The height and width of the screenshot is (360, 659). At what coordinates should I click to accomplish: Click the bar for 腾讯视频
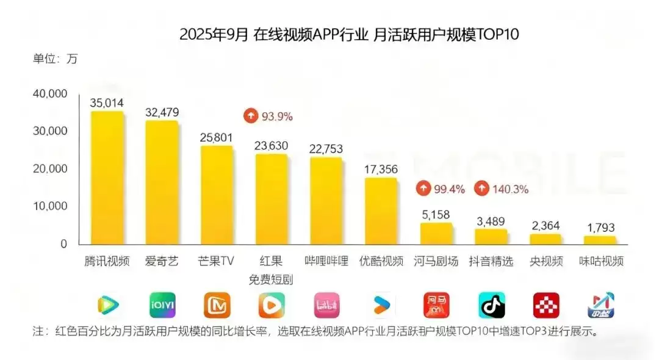coord(107,177)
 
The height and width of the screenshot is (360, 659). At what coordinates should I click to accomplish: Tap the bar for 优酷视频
coord(381,211)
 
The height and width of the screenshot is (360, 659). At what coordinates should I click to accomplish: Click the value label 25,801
coord(216,138)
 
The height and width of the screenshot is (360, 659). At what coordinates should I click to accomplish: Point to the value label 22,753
coord(326,149)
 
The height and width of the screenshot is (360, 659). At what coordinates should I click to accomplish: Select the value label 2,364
coord(545,226)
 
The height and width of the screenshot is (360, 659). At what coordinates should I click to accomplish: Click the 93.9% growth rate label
coord(277,116)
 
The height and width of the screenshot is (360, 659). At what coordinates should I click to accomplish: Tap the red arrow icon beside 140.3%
coord(482,189)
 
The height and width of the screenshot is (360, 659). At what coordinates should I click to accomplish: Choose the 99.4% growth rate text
coord(450,189)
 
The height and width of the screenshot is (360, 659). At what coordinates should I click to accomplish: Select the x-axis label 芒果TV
coord(216,261)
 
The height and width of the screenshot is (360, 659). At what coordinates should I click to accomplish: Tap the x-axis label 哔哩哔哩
coord(326,261)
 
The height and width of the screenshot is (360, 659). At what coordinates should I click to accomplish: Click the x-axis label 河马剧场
coord(436,261)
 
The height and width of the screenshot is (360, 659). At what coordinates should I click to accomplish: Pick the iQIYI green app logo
coord(162,305)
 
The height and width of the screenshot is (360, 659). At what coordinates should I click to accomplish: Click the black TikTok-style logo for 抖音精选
coord(491,305)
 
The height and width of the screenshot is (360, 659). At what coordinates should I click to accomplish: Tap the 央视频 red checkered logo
coord(546,305)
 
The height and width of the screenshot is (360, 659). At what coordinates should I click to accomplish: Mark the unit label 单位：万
coord(55,59)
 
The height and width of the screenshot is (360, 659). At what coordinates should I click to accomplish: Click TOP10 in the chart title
coord(494,34)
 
